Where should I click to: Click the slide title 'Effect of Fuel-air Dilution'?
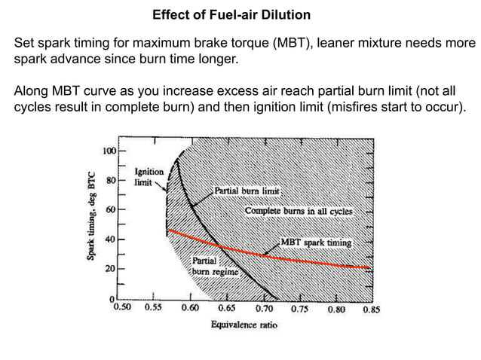coord(231,15)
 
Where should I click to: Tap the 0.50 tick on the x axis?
coord(121,309)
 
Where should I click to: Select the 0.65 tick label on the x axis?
coord(226,309)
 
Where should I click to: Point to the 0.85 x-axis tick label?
coord(370,309)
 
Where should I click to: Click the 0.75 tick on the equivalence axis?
coord(300,309)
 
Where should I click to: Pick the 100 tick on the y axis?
coord(109,151)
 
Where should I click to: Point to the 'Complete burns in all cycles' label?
coord(299,212)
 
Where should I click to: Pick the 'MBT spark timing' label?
coord(316,243)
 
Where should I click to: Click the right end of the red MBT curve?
coord(369,267)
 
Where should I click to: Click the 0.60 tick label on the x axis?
coord(190,309)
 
